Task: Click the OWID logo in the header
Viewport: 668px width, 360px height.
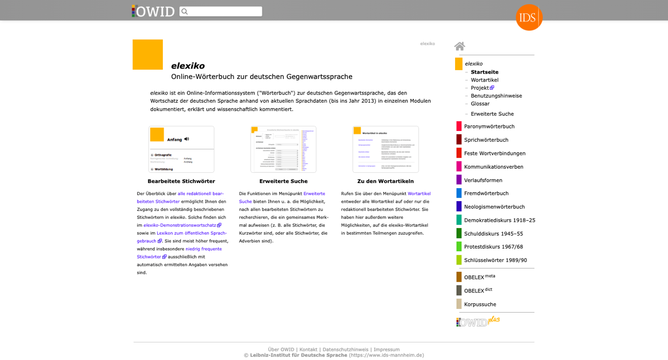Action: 153,11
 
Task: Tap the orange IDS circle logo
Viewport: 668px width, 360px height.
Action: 529,18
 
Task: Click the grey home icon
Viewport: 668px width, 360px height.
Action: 460,46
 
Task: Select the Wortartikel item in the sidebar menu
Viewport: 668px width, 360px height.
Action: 485,80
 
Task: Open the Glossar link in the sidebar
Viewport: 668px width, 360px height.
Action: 480,104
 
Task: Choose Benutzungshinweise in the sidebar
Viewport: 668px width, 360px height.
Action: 496,96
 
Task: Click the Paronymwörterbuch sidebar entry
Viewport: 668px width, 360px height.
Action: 489,126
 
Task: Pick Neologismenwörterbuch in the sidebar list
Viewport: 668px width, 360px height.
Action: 494,207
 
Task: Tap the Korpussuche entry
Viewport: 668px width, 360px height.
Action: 480,304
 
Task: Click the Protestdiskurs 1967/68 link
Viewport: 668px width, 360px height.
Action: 493,247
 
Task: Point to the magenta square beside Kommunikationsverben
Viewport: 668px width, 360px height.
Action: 459,167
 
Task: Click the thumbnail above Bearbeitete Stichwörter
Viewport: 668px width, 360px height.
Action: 181,149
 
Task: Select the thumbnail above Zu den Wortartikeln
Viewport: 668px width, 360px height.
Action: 386,149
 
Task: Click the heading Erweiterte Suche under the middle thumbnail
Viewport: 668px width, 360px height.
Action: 283,182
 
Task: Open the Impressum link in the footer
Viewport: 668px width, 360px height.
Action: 387,350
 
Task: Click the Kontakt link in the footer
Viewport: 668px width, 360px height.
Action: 308,350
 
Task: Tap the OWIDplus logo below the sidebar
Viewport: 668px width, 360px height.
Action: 478,321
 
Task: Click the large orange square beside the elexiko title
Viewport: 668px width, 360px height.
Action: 147,55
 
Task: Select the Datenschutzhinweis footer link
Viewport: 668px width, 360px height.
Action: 345,350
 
